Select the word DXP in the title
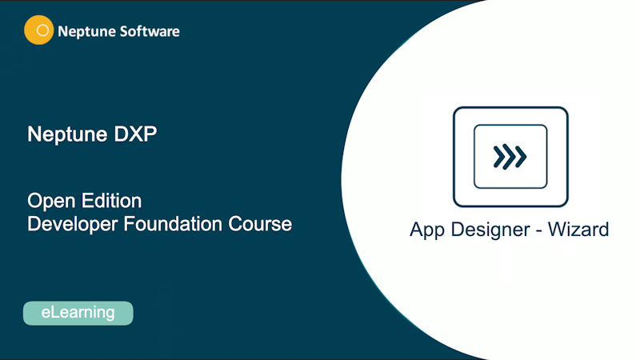pos(134,134)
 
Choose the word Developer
pos(73,223)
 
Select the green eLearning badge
pos(78,313)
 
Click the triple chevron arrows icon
pos(510,157)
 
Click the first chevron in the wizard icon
pos(498,157)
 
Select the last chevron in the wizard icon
pos(521,157)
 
